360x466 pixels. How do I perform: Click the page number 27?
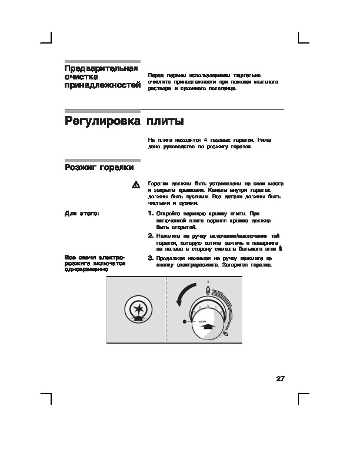pyautogui.click(x=280, y=378)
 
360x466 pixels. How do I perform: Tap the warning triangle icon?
pyautogui.click(x=135, y=185)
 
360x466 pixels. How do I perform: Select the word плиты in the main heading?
pyautogui.click(x=165, y=122)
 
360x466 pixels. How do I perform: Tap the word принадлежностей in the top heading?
pyautogui.click(x=102, y=86)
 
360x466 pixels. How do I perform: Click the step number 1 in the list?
pyautogui.click(x=151, y=213)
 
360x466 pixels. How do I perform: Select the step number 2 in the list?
pyautogui.click(x=151, y=235)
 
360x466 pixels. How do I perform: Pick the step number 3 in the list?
pyautogui.click(x=151, y=258)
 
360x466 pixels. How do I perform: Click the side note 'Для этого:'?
pyautogui.click(x=81, y=213)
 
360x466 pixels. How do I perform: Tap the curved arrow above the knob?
pyautogui.click(x=188, y=292)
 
